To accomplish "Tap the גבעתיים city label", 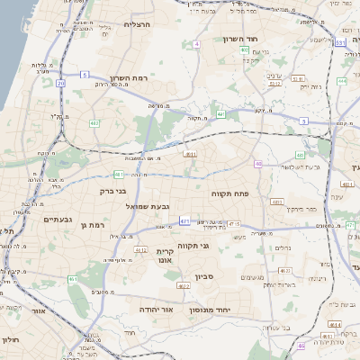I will [x=58, y=220].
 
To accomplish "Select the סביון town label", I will [x=202, y=277].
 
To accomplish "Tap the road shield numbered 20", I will [x=61, y=83].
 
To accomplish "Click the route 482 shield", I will [x=94, y=123].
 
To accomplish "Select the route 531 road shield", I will [x=339, y=42].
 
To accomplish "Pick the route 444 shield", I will [x=342, y=81].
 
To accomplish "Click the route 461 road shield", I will [x=74, y=280].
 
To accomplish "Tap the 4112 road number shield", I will [x=140, y=249].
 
